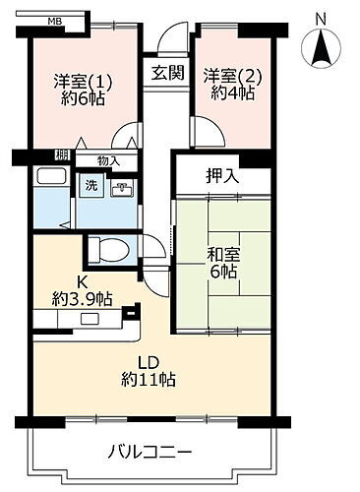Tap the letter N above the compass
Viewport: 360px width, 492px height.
coord(322,17)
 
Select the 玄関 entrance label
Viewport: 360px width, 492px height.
coord(165,72)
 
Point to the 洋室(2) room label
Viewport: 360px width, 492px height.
coord(227,77)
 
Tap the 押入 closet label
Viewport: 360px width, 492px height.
coord(219,177)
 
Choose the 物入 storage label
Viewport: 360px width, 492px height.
coord(108,160)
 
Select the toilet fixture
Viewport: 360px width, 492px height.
coord(107,251)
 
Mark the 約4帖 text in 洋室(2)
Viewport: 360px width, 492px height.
coord(227,95)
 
